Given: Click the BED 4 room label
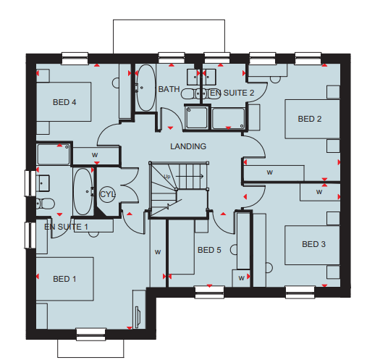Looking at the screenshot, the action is point(64,102).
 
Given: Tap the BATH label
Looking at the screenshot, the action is point(169,89).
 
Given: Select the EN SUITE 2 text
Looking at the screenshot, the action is point(232,93).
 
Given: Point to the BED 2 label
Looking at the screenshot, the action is point(310,119).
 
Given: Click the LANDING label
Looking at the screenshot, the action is point(188,146).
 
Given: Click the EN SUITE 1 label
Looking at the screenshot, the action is point(66,227).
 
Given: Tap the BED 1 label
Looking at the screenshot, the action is point(64,279).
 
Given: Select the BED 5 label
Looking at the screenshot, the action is point(209,250).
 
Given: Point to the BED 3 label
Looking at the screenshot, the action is point(313,244).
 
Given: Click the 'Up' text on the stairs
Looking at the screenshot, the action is point(167,177).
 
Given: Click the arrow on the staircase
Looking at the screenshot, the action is point(190,176).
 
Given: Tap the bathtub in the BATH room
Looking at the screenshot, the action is point(145,88).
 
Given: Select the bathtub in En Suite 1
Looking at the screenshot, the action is point(83,191).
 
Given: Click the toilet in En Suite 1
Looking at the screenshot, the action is point(46,204).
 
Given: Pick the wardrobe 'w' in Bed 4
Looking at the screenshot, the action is point(95,155).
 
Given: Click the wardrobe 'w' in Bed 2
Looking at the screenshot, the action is point(270,172).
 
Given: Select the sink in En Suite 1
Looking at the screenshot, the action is point(43,183).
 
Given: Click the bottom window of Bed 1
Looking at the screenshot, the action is point(91,334).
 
